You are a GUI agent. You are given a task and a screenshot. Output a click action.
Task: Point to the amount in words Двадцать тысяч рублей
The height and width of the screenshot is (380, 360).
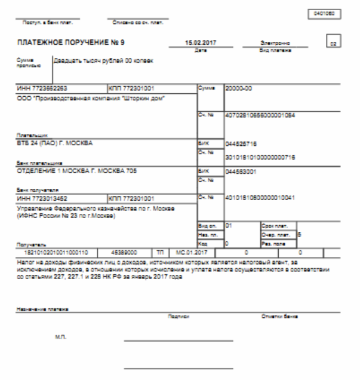pos(99,61)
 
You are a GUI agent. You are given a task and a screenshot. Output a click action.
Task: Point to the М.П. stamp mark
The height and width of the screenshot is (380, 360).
pos(60,338)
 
